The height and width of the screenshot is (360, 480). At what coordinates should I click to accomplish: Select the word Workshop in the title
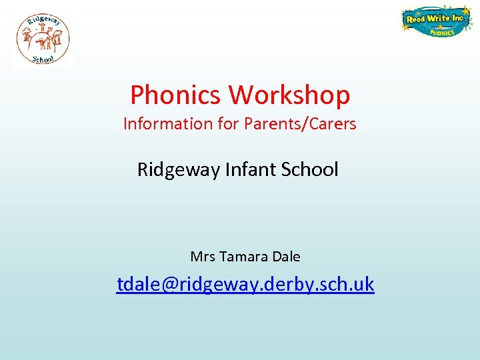click(289, 95)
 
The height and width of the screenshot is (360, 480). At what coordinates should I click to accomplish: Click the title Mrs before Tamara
click(202, 257)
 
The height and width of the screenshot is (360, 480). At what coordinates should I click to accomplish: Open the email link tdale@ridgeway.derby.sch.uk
click(245, 285)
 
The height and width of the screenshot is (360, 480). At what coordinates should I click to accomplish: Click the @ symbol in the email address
click(168, 285)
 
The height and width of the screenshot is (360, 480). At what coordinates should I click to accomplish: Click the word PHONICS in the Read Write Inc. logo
click(441, 31)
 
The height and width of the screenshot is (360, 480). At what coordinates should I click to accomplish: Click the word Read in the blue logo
click(416, 19)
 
